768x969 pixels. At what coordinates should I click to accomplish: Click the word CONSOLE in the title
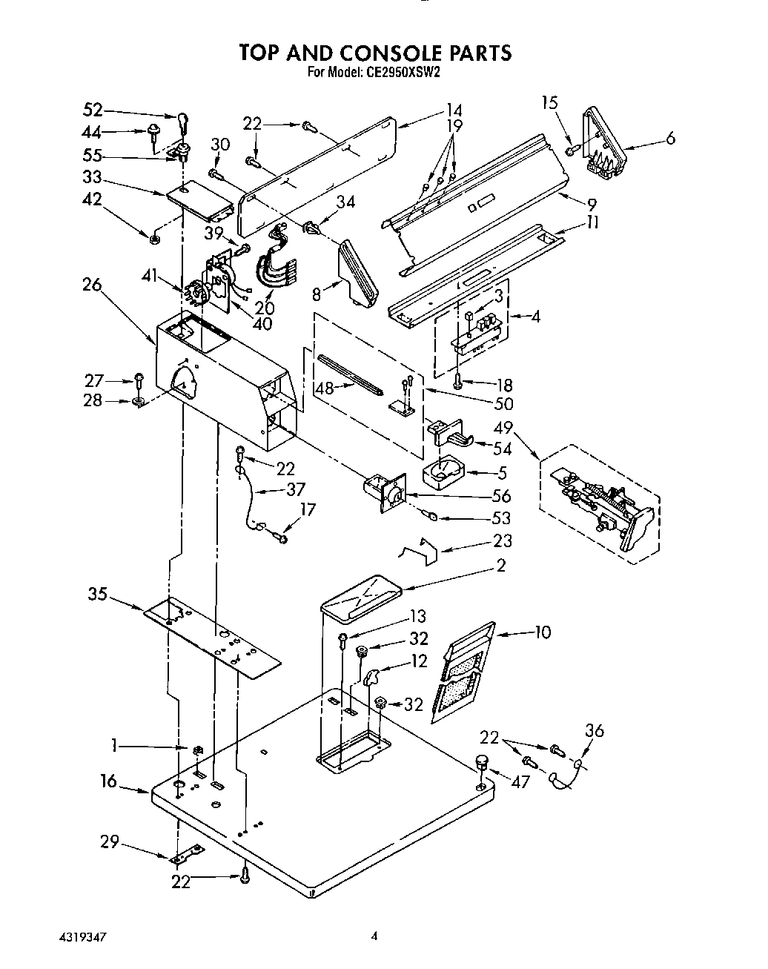(x=383, y=53)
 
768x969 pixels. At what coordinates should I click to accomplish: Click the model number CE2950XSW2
(x=403, y=73)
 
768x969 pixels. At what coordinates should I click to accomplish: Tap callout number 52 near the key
(x=93, y=111)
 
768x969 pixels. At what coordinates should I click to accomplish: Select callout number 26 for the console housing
(x=92, y=284)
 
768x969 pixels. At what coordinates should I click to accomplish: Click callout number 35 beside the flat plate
(x=98, y=593)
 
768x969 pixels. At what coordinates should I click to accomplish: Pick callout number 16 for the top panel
(x=109, y=781)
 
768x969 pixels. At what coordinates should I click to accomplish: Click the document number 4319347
(x=83, y=937)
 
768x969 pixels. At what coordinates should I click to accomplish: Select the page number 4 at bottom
(x=375, y=936)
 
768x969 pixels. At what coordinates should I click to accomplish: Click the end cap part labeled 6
(x=604, y=141)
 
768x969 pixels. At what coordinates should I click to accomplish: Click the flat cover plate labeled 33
(x=199, y=199)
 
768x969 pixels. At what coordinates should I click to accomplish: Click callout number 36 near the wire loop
(x=594, y=730)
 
